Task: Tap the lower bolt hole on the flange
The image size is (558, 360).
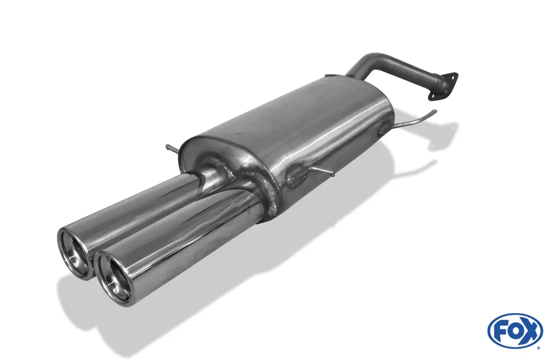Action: pos(431,97)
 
